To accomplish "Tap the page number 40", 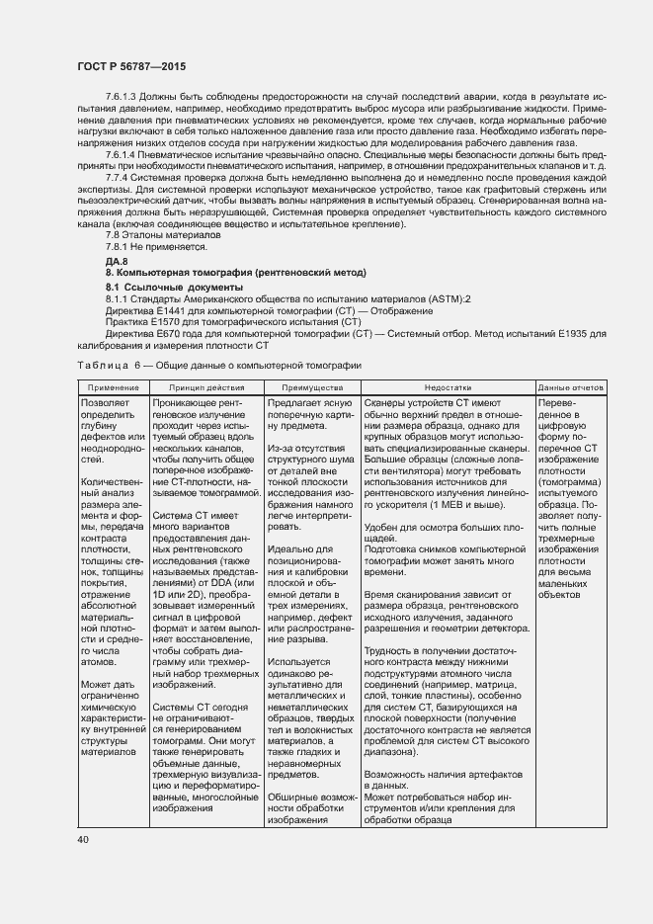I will click(x=83, y=839).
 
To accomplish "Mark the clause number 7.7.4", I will click(x=119, y=178).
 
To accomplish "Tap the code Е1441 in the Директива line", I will click(x=164, y=310).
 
